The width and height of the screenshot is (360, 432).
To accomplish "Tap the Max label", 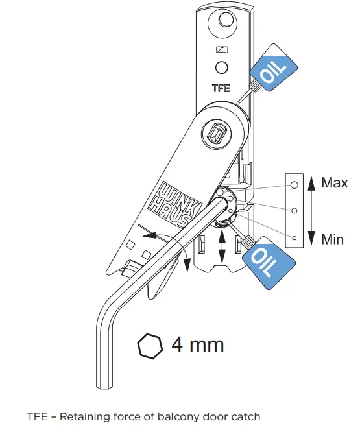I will pos(334,182).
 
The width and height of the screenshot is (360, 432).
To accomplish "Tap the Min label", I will pos(333,239).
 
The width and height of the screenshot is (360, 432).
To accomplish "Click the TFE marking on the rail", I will pos(221,88).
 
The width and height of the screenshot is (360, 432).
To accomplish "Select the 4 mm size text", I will pos(198,344).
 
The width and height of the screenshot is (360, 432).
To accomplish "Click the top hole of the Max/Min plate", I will pos(294,185).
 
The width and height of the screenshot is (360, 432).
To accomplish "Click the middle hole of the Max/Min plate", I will pos(294,211).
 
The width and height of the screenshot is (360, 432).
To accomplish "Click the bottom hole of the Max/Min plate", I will pos(294,238).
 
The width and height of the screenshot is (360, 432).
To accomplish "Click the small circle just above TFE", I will pos(222,67).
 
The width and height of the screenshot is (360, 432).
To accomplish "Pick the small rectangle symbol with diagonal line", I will pos(222,50).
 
